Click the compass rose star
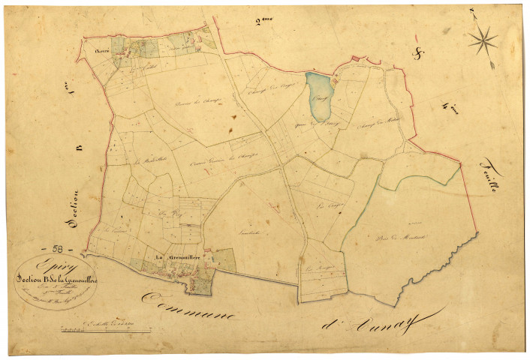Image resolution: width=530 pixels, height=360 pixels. [483, 38]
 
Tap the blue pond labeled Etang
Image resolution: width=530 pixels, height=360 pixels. [319, 96]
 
